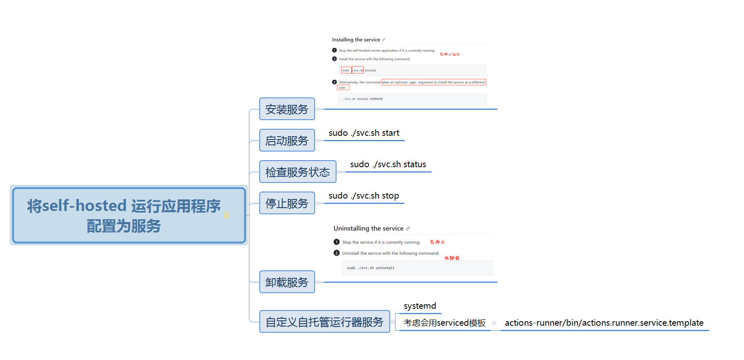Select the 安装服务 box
point(287,109)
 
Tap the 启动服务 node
point(287,140)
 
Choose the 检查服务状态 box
point(298,172)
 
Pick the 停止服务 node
point(287,203)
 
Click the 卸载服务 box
point(287,282)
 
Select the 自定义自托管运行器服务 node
point(325,322)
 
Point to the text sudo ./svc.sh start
point(364,133)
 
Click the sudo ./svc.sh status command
point(388,164)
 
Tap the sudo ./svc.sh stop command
point(363,196)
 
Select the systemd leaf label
point(419,306)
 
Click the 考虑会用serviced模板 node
point(444,323)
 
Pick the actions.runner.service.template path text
point(604,323)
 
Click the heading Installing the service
point(356,40)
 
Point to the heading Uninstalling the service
point(368,228)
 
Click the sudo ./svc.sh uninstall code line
point(370,268)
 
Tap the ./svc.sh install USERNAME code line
point(363,99)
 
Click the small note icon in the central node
point(227,216)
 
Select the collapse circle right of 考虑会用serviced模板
point(494,323)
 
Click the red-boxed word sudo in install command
point(346,71)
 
